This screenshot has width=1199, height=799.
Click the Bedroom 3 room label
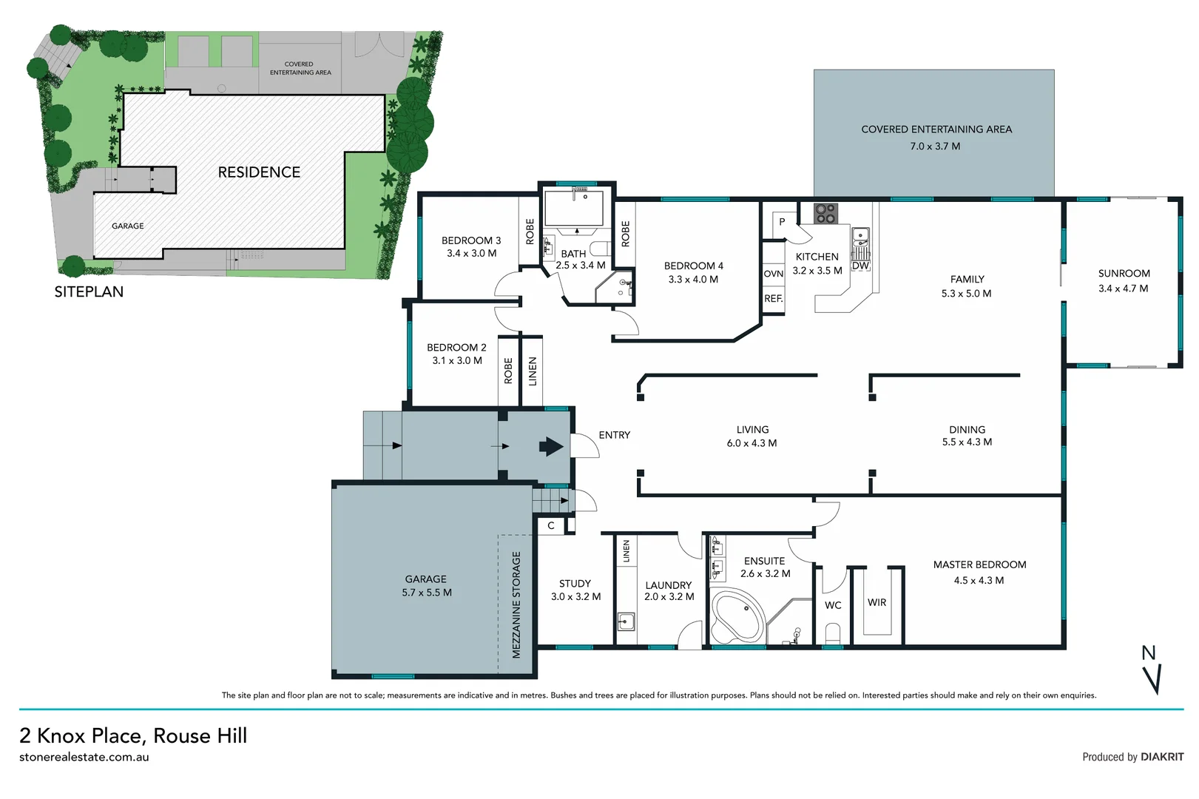click(x=471, y=240)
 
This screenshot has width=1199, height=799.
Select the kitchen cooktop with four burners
click(x=825, y=214)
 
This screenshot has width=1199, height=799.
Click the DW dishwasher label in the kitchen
click(x=860, y=266)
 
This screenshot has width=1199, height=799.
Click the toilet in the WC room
click(x=833, y=633)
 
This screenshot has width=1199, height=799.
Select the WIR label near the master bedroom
click(x=877, y=602)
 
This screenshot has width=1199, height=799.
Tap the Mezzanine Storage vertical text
click(x=516, y=604)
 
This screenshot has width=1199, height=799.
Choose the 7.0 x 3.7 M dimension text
click(x=935, y=146)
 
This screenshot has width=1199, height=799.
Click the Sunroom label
click(x=1124, y=273)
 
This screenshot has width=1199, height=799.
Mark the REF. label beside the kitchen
click(x=773, y=299)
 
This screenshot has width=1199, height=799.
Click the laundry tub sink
click(x=626, y=621)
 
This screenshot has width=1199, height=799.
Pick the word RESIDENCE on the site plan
click(x=259, y=172)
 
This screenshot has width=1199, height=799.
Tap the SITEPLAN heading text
click(x=89, y=291)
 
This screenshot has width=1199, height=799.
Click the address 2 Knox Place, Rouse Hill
click(x=133, y=735)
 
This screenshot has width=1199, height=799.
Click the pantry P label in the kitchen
click(x=782, y=222)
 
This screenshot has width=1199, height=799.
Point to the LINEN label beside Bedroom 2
click(x=533, y=371)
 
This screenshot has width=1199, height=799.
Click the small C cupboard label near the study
click(x=551, y=526)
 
